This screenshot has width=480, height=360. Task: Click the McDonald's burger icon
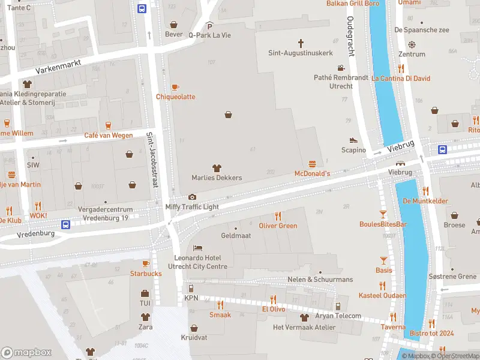(x=312, y=164)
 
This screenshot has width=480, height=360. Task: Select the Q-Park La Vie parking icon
(x=209, y=25)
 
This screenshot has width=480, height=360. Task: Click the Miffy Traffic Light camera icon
(x=192, y=197)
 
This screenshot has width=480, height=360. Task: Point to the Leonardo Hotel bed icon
(x=197, y=248)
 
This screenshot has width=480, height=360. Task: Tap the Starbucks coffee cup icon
(x=146, y=263)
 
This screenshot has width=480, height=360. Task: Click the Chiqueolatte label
(x=175, y=97)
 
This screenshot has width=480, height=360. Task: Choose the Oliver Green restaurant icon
(x=278, y=215)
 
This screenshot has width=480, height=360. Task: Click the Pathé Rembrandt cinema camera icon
(x=341, y=68)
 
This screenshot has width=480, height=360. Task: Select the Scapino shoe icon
(x=353, y=140)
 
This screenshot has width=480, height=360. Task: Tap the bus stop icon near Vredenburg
(x=66, y=224)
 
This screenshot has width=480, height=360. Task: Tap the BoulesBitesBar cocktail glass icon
(x=383, y=214)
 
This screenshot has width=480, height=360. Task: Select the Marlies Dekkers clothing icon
(x=217, y=168)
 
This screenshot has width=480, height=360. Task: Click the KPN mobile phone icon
(x=191, y=288)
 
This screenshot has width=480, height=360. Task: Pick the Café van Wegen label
(x=109, y=135)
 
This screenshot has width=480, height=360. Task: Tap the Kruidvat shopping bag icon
(x=194, y=328)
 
